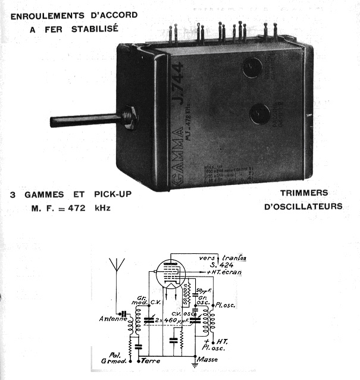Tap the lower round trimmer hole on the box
coord(260,114)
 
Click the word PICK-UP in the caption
coord(112,195)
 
